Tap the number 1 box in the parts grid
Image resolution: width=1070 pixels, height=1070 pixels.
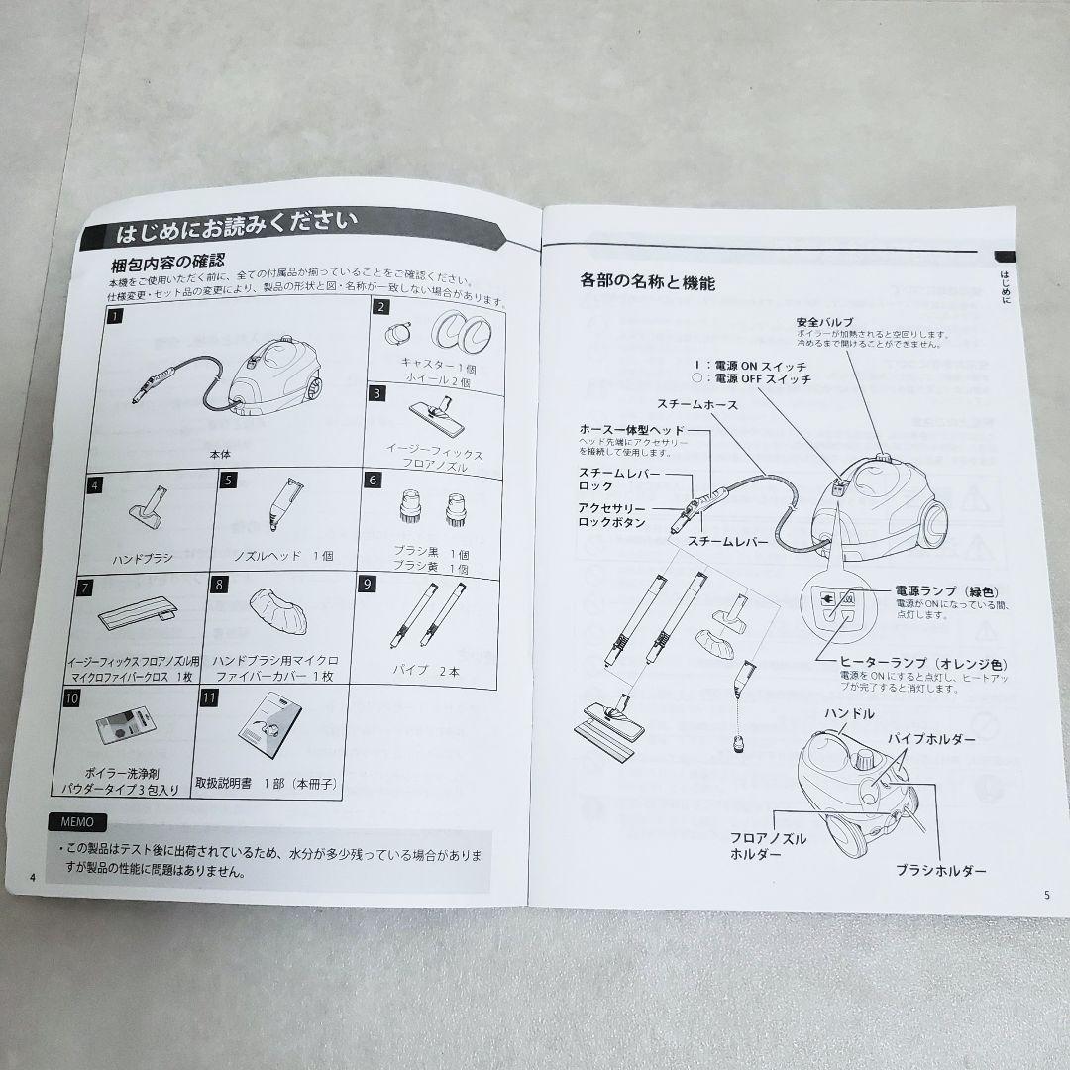pos(117,317)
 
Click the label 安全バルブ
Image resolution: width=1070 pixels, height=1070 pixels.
pos(825,322)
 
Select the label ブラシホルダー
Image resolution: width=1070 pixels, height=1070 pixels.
pos(940,870)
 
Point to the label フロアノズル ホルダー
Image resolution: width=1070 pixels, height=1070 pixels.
pos(767,845)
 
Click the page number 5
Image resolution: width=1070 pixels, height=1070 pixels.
pos(1045,895)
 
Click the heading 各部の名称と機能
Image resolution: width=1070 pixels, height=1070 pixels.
pos(647,281)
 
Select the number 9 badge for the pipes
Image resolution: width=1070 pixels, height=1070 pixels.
pos(367,584)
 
